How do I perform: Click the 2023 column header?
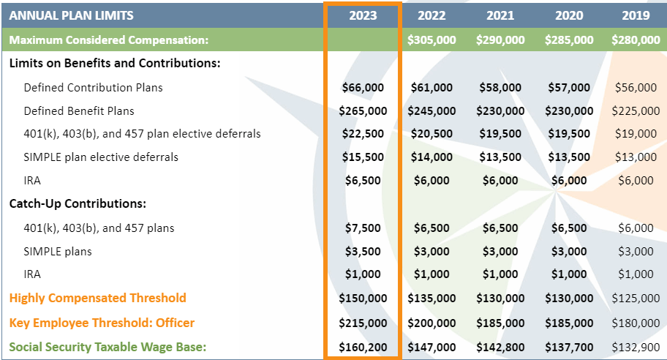pyautogui.click(x=363, y=15)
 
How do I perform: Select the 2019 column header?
pyautogui.click(x=636, y=15)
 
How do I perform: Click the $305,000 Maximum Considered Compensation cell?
pyautogui.click(x=432, y=40)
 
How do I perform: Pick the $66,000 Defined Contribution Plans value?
pyautogui.click(x=363, y=88)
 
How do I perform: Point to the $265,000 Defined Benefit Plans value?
pyautogui.click(x=363, y=111)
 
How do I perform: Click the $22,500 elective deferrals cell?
pyautogui.click(x=363, y=134)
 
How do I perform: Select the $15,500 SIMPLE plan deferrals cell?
pyautogui.click(x=363, y=157)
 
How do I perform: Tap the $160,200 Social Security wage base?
pyautogui.click(x=363, y=347)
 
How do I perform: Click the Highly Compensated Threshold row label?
pyautogui.click(x=98, y=298)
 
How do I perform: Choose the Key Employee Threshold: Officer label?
pyautogui.click(x=102, y=323)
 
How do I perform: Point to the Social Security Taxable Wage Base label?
pyautogui.click(x=108, y=347)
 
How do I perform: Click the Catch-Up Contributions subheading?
pyautogui.click(x=78, y=203)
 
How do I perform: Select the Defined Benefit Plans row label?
pyautogui.click(x=79, y=111)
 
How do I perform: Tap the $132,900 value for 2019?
pyautogui.click(x=636, y=347)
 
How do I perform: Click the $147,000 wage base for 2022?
pyautogui.click(x=432, y=347)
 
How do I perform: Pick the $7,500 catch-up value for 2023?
pyautogui.click(x=363, y=228)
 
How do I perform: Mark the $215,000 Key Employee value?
pyautogui.click(x=363, y=323)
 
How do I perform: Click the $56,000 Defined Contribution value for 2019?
pyautogui.click(x=636, y=88)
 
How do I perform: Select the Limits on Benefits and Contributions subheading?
pyautogui.click(x=115, y=64)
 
